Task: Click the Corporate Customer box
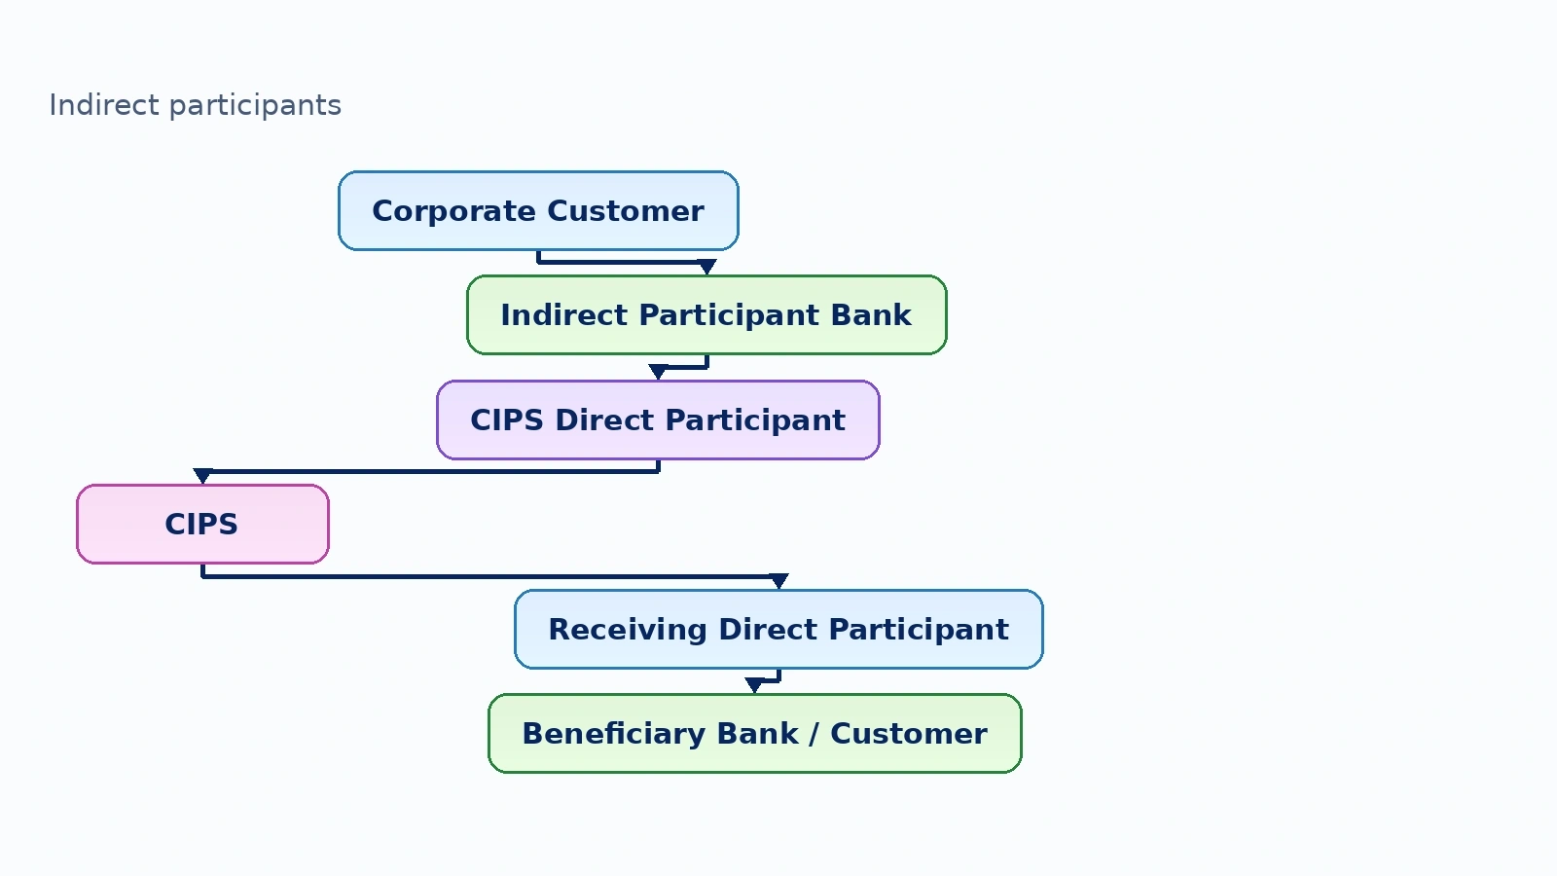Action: (538, 210)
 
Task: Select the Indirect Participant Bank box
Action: (706, 315)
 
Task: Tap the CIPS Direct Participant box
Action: (658, 420)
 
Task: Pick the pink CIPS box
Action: (202, 525)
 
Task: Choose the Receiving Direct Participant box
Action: (778, 629)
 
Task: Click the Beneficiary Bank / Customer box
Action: (755, 734)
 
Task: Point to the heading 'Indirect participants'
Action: (196, 106)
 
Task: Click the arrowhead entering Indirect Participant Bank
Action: (706, 267)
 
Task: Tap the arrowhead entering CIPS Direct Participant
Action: (658, 372)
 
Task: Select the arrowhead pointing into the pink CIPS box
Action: (202, 476)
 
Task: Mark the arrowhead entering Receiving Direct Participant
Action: (778, 581)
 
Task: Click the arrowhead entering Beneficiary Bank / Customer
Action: (754, 685)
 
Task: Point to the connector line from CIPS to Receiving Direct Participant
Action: (490, 576)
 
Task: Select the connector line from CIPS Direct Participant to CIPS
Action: (430, 471)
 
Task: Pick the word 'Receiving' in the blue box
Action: (628, 630)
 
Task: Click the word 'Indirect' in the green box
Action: (564, 315)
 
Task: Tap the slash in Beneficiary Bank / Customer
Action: (814, 734)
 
